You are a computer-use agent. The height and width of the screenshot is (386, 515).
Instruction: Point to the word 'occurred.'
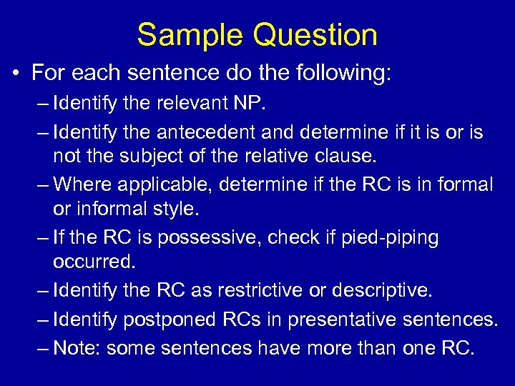94,261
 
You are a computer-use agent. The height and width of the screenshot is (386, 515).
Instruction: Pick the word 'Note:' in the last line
77,348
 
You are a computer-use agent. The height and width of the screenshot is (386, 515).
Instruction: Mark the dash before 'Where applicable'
40,184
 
